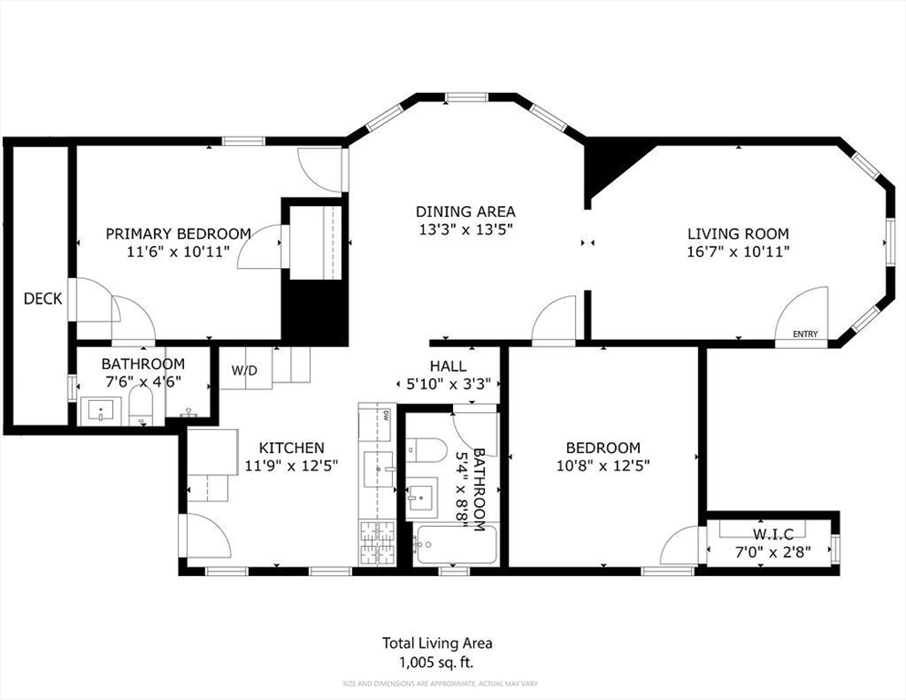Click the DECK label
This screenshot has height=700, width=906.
42,298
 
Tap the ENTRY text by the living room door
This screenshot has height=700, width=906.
805,335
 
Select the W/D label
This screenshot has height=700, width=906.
244,371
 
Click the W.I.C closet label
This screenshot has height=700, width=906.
773,533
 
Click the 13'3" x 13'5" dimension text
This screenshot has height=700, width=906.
466,229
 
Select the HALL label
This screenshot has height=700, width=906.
448,366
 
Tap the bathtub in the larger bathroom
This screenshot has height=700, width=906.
455,545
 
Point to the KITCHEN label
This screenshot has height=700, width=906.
291,448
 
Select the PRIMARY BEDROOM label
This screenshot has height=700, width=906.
178,233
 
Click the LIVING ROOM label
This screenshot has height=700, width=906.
737,233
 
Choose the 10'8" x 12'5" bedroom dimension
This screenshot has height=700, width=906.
602,465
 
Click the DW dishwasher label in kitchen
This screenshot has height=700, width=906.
386,416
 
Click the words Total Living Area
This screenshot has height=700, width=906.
438,643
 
